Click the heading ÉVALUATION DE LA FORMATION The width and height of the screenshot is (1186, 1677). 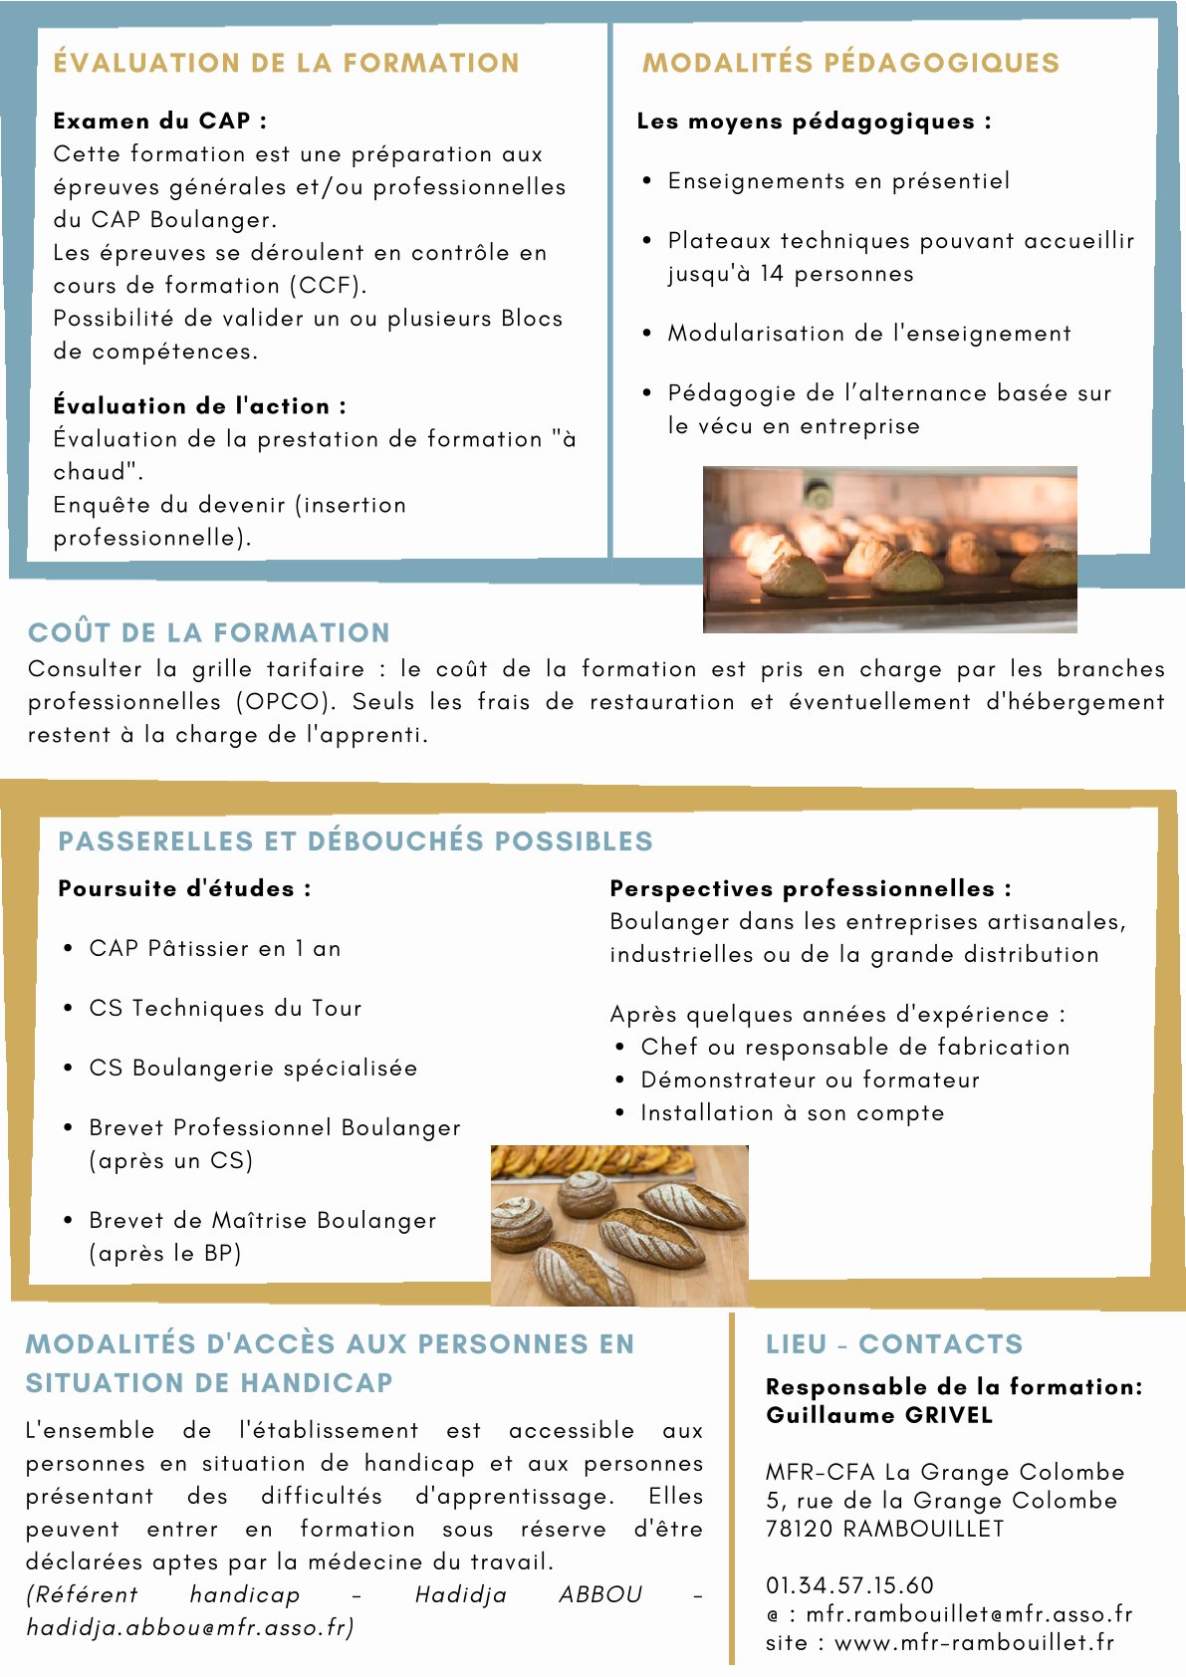point(286,63)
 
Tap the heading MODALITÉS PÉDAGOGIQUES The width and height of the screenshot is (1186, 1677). point(850,63)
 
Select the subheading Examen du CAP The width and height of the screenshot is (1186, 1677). point(159,121)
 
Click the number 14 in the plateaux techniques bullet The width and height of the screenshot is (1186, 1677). point(771,274)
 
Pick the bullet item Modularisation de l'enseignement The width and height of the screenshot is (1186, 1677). point(869,334)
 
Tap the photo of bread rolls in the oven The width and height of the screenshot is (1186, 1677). point(889,549)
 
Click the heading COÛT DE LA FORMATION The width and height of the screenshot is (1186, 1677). point(209,632)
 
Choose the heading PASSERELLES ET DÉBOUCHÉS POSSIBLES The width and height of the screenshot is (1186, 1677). point(356,841)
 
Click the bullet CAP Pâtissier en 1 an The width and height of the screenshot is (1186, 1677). point(214,949)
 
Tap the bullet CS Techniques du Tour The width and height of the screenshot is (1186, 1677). point(225,1009)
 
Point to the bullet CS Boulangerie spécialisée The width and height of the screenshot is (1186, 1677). point(253,1069)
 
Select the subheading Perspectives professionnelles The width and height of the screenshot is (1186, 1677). point(810,888)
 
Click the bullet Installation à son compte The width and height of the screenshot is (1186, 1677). point(792,1113)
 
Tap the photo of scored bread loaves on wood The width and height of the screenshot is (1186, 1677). point(618,1225)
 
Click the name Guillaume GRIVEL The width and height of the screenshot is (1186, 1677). point(879,1415)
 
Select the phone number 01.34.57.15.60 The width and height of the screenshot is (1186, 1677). point(849,1585)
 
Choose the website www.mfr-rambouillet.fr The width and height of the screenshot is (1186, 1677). point(974,1643)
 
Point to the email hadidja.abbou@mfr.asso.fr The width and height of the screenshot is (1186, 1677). point(189,1627)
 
